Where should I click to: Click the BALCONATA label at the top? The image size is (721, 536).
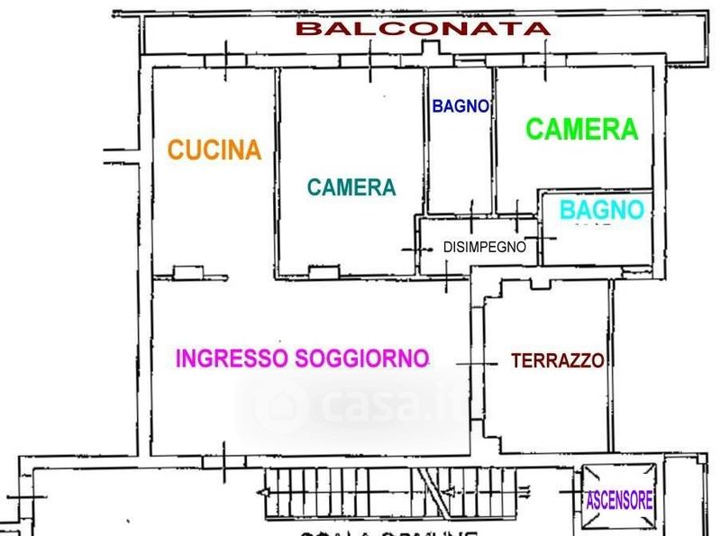(424, 28)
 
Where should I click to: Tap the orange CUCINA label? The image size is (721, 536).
(214, 150)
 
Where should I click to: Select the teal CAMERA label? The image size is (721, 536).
(351, 187)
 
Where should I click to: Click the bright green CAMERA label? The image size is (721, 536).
(581, 130)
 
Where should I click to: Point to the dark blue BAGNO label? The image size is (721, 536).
(461, 106)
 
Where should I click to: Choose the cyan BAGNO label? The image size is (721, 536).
(602, 211)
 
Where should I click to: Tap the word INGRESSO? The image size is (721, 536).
(232, 359)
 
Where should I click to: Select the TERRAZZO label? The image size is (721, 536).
(557, 361)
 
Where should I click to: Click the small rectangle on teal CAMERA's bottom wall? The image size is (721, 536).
(323, 271)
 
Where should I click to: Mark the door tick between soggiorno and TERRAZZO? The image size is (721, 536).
(477, 363)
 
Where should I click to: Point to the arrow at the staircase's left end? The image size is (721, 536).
(263, 492)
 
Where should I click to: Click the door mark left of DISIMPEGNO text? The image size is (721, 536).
(415, 247)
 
